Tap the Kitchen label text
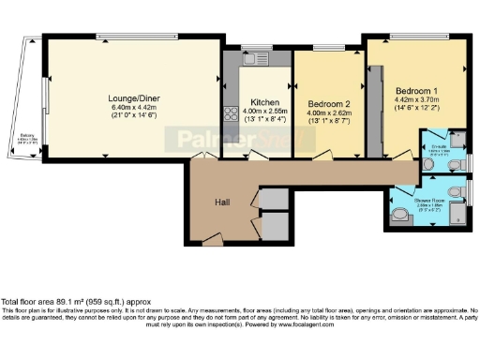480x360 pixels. click(259, 102)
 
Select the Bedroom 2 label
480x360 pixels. click(328, 103)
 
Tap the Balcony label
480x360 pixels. click(27, 137)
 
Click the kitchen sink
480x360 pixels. click(255, 55)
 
